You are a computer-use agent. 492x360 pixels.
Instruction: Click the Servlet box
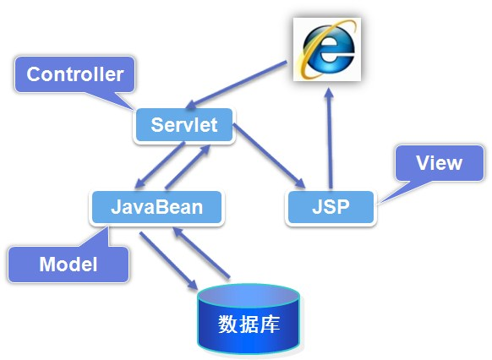(x=183, y=126)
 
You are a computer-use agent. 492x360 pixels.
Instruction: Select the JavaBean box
(x=157, y=207)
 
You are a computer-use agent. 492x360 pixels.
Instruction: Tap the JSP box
(x=331, y=207)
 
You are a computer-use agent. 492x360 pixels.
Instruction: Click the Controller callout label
(x=74, y=74)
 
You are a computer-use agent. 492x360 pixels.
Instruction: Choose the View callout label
(x=440, y=163)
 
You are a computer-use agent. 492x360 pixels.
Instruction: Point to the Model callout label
(x=68, y=265)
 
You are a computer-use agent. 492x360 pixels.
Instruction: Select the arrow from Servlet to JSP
(x=269, y=156)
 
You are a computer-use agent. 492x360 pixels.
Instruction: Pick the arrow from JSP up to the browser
(x=327, y=135)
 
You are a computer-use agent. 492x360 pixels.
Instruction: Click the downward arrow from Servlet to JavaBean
(x=161, y=165)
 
